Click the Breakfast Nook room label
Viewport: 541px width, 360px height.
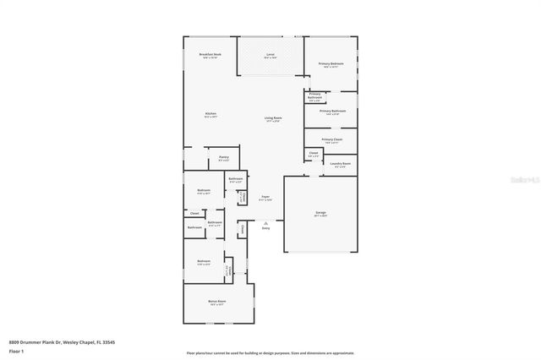[210, 54]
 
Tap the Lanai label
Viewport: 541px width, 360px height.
[270, 55]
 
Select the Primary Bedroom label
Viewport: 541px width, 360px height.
[331, 64]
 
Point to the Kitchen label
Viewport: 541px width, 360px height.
[210, 113]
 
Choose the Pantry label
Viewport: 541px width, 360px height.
[224, 157]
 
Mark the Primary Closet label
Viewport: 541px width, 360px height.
[331, 139]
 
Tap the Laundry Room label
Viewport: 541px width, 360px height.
[341, 164]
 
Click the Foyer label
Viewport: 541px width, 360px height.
[265, 197]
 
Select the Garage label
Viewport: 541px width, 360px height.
[320, 212]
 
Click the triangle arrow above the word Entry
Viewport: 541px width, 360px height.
[265, 222]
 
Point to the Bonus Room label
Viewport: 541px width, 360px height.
[217, 301]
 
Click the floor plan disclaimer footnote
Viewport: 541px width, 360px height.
[270, 353]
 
